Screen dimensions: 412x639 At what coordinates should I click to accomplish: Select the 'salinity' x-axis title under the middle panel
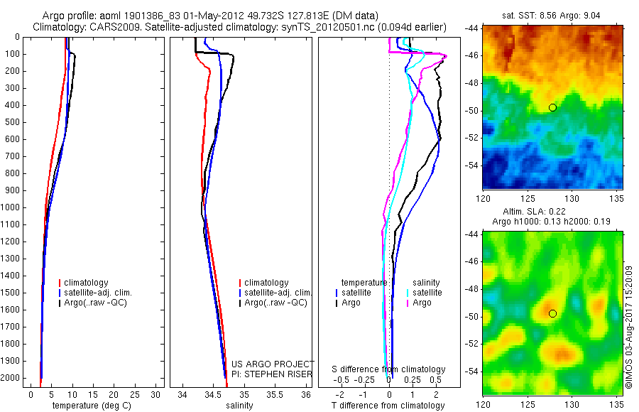(239, 406)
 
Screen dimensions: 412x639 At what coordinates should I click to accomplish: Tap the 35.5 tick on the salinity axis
(275, 394)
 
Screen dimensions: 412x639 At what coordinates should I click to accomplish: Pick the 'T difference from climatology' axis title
(388, 406)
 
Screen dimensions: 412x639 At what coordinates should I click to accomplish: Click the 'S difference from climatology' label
(389, 369)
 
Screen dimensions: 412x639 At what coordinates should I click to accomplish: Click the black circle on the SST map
(552, 107)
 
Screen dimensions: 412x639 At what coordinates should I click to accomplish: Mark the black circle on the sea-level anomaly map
(552, 313)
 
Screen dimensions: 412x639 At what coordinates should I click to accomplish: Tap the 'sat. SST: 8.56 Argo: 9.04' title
(552, 14)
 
